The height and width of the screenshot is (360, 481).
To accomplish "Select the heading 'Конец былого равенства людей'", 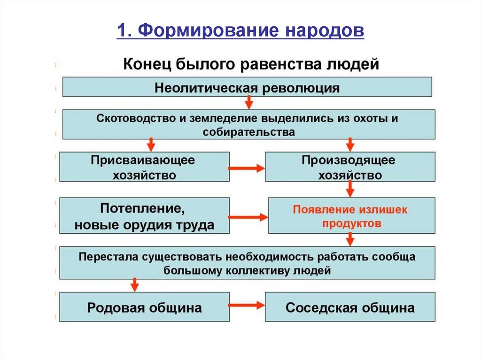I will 250,63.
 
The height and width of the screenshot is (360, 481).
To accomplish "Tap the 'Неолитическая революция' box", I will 247,87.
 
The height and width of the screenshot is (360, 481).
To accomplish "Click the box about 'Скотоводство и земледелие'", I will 248,124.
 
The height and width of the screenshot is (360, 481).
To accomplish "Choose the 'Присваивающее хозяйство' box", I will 144,167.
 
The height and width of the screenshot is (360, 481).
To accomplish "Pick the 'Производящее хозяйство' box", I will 350,167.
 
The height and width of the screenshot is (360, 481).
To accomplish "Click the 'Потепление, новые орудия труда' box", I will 144,215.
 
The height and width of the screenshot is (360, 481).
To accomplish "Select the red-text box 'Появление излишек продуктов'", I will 351,216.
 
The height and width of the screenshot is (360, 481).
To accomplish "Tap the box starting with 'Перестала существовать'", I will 247,263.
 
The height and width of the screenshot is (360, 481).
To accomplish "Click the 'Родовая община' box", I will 144,307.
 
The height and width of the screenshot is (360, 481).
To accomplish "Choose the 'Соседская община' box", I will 350,307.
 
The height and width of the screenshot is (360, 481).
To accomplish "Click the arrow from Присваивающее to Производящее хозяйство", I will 247,168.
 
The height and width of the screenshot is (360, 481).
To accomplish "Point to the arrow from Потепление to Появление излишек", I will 248,217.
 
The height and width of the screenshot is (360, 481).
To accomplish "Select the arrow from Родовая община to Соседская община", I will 247,306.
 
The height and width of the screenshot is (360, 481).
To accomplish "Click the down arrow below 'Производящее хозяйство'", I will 350,189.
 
